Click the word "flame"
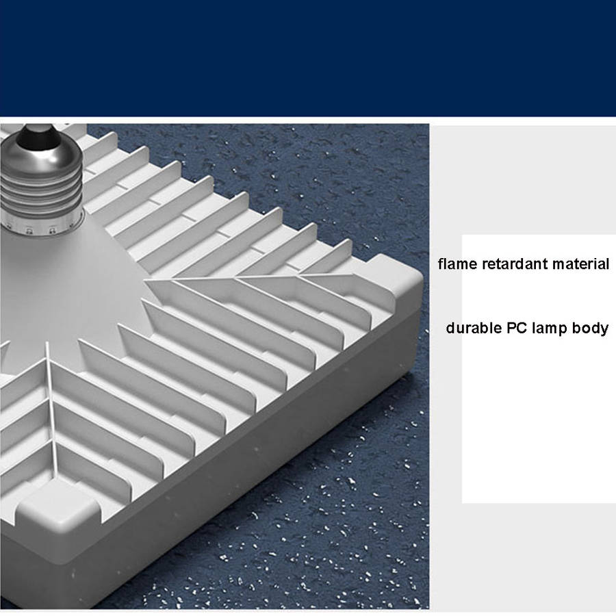457,264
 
